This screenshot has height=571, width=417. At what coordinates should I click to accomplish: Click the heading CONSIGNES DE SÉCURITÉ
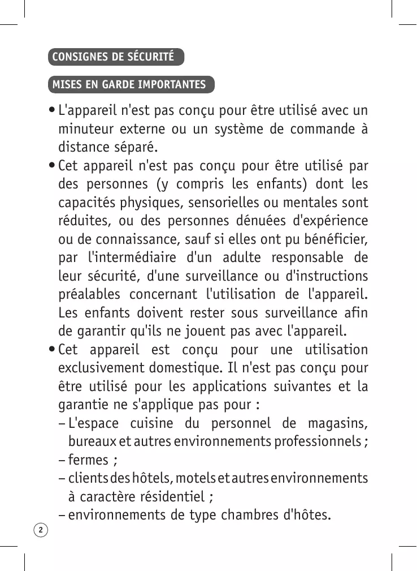tap(113, 57)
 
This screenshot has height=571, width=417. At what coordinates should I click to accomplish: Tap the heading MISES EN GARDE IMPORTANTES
tap(129, 85)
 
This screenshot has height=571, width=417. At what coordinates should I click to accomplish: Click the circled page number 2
tap(41, 530)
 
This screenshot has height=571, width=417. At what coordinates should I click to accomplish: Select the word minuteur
tap(85, 128)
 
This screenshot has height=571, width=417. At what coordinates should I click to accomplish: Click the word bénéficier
tap(332, 239)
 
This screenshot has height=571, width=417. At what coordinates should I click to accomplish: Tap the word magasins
tap(338, 423)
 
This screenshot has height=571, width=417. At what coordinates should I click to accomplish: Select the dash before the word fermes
tap(62, 460)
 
